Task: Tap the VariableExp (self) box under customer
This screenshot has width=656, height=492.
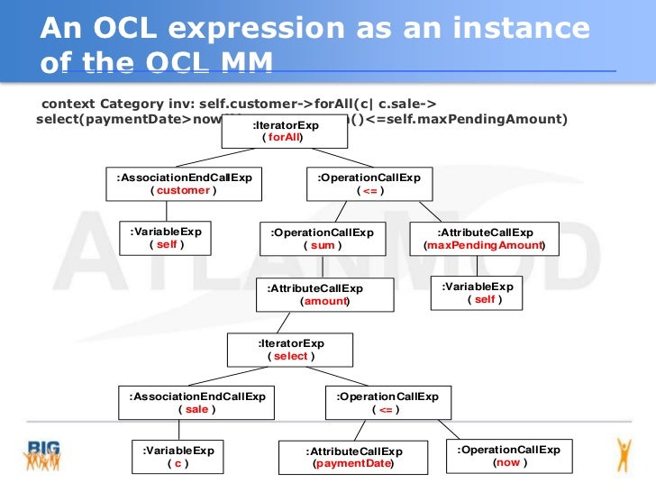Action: [166, 238]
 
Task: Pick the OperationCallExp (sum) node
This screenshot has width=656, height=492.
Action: [322, 239]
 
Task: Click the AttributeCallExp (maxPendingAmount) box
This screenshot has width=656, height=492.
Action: [484, 239]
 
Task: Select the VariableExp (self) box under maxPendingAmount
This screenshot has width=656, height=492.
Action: [477, 293]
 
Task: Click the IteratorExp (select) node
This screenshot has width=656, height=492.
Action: [289, 350]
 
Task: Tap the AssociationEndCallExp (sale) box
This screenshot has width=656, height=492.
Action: [196, 403]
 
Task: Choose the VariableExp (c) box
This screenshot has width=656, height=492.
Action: [178, 457]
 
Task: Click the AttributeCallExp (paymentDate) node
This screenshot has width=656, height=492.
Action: [353, 458]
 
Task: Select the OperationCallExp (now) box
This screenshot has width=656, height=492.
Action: [508, 456]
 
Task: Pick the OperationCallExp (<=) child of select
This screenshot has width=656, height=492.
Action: [387, 403]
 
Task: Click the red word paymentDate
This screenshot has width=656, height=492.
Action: [353, 464]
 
